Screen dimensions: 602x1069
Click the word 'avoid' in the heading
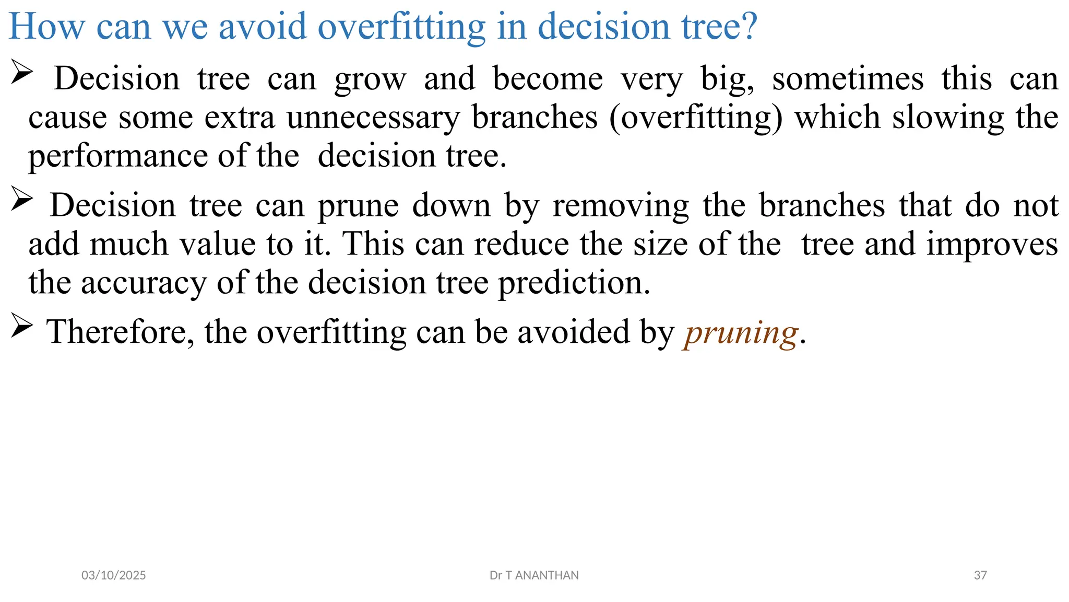263,26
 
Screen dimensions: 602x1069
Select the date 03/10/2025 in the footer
114,575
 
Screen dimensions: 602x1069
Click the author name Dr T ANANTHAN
534,575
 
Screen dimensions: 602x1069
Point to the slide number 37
980,575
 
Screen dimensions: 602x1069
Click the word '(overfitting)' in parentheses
696,117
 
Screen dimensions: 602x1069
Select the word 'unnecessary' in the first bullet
373,117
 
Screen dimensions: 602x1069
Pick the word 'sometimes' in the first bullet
848,79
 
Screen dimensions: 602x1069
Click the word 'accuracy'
144,283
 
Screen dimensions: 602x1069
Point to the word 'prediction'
574,283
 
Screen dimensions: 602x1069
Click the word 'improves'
992,245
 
